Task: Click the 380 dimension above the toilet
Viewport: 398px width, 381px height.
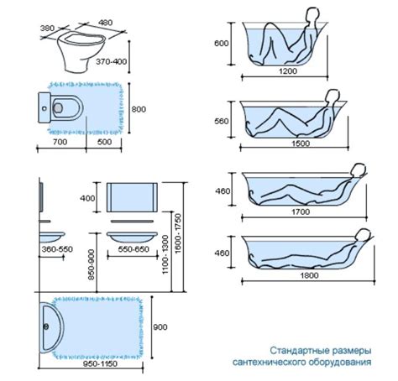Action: tap(47, 29)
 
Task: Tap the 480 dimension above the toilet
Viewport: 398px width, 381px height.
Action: tap(105, 23)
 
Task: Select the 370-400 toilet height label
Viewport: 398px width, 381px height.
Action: tap(112, 61)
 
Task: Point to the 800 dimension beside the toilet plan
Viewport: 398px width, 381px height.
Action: tap(139, 109)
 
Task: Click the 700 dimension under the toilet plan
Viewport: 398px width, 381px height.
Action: tap(60, 142)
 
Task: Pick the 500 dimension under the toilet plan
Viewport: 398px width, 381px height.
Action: tap(105, 142)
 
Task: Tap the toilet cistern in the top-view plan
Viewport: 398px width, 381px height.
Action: tap(45, 107)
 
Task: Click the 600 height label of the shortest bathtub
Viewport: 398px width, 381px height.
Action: tap(222, 44)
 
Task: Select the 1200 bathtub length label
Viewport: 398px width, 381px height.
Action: tap(288, 71)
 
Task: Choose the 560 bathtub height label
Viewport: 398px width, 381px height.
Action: tap(222, 122)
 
